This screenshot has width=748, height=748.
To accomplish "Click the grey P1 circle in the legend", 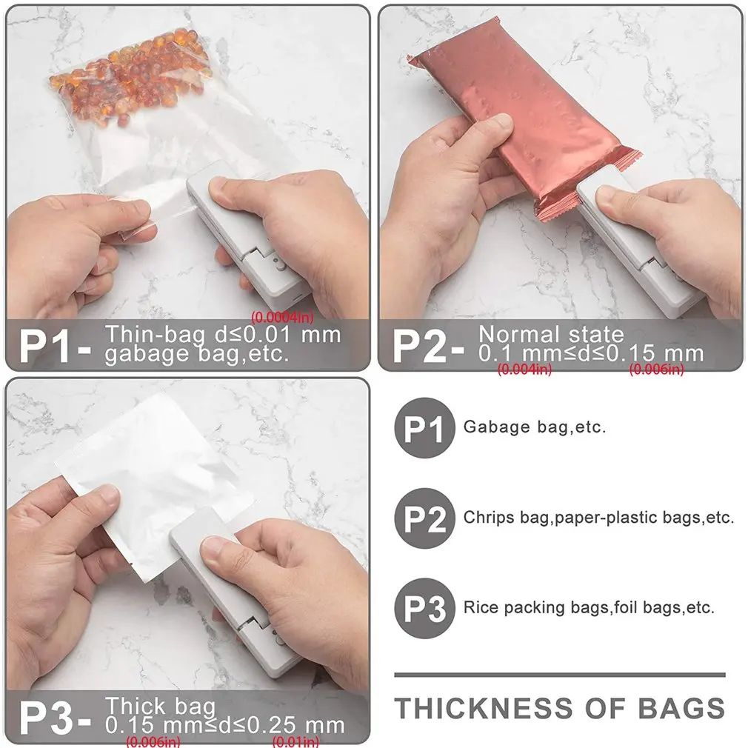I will click(424, 427).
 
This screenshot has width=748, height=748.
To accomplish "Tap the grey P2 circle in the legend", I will click(424, 518).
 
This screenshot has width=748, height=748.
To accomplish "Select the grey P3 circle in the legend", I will click(424, 608).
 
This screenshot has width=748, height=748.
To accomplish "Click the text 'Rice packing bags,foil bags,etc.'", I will click(589, 608).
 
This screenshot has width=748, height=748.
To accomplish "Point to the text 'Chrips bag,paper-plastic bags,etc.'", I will click(598, 518).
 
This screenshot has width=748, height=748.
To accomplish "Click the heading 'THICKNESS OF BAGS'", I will click(559, 708).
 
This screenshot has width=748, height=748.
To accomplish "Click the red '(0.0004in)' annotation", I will click(282, 317).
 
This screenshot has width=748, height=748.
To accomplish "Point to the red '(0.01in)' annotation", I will click(296, 741).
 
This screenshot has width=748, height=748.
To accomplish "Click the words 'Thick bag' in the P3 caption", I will click(160, 705).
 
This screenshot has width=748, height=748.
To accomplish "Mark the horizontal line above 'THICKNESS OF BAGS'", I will click(559, 675).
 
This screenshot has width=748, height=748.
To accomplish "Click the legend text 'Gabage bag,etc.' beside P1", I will click(534, 427).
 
